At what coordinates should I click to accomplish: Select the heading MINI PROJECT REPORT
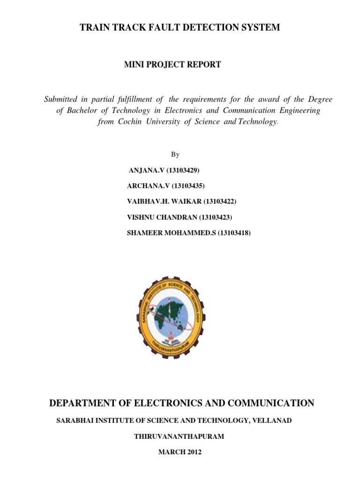[x=172, y=65]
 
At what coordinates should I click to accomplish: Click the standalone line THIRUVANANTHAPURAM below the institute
[x=179, y=436]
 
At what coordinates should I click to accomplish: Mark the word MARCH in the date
[x=170, y=452]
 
